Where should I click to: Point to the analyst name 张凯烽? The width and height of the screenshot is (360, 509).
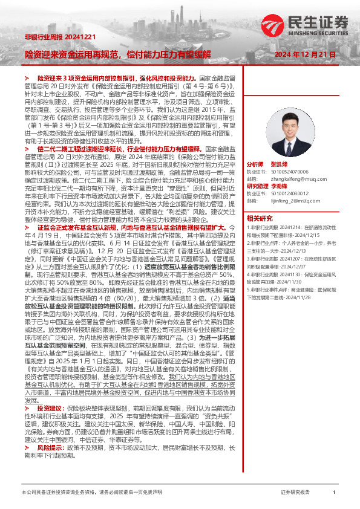(x=280, y=164)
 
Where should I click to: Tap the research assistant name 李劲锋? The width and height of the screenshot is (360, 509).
(x=280, y=186)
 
